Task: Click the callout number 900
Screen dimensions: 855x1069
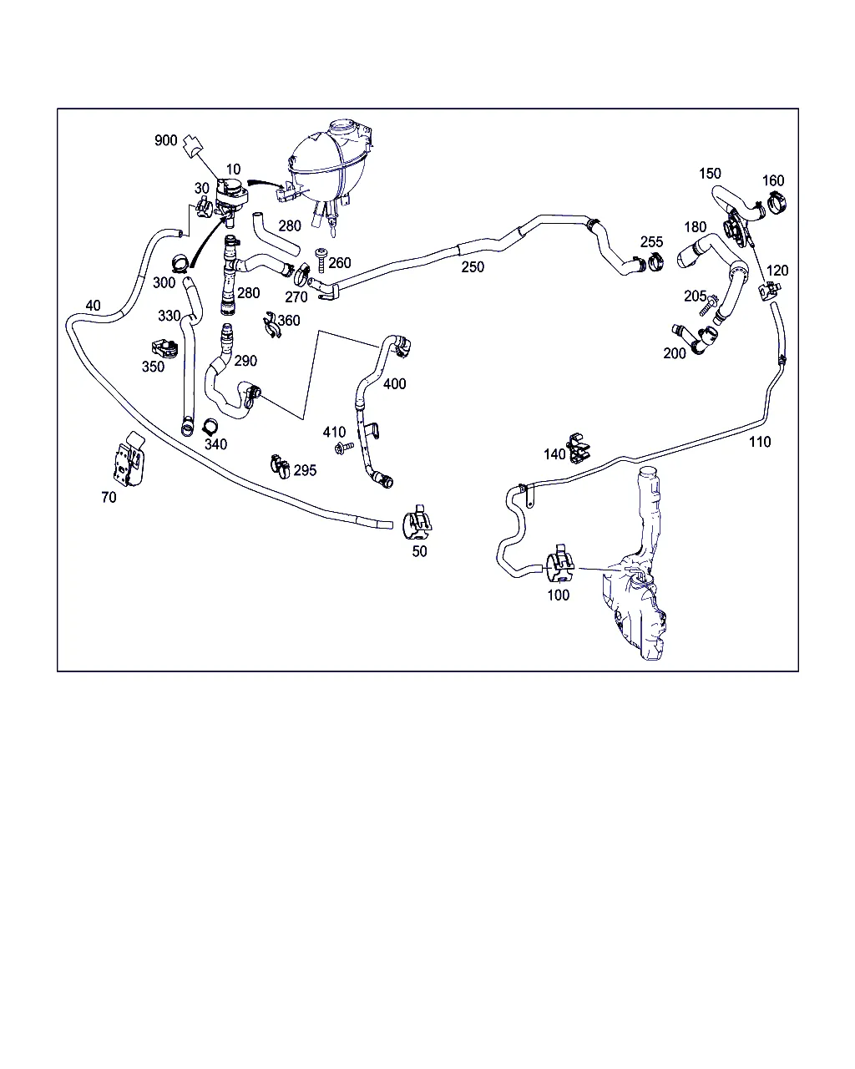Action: coord(166,140)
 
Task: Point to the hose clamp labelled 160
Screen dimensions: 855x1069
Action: coord(777,202)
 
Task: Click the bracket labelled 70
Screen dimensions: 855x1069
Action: coord(129,459)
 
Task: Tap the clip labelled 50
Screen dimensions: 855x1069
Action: coord(417,523)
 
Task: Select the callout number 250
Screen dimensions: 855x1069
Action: coord(473,267)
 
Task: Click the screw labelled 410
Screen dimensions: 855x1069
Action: coord(345,448)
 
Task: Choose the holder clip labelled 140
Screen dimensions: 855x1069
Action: coord(579,448)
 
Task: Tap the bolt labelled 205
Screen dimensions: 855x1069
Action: coord(708,306)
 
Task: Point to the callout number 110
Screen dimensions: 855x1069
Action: coord(760,442)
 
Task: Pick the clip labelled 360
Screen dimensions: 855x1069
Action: coord(271,325)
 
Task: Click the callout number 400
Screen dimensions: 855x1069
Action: coord(394,384)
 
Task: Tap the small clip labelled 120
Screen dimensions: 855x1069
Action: coord(770,290)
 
